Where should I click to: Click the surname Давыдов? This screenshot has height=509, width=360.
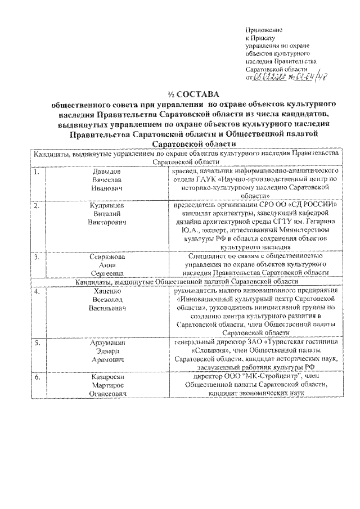click(107, 170)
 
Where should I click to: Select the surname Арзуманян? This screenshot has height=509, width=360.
click(107, 342)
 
